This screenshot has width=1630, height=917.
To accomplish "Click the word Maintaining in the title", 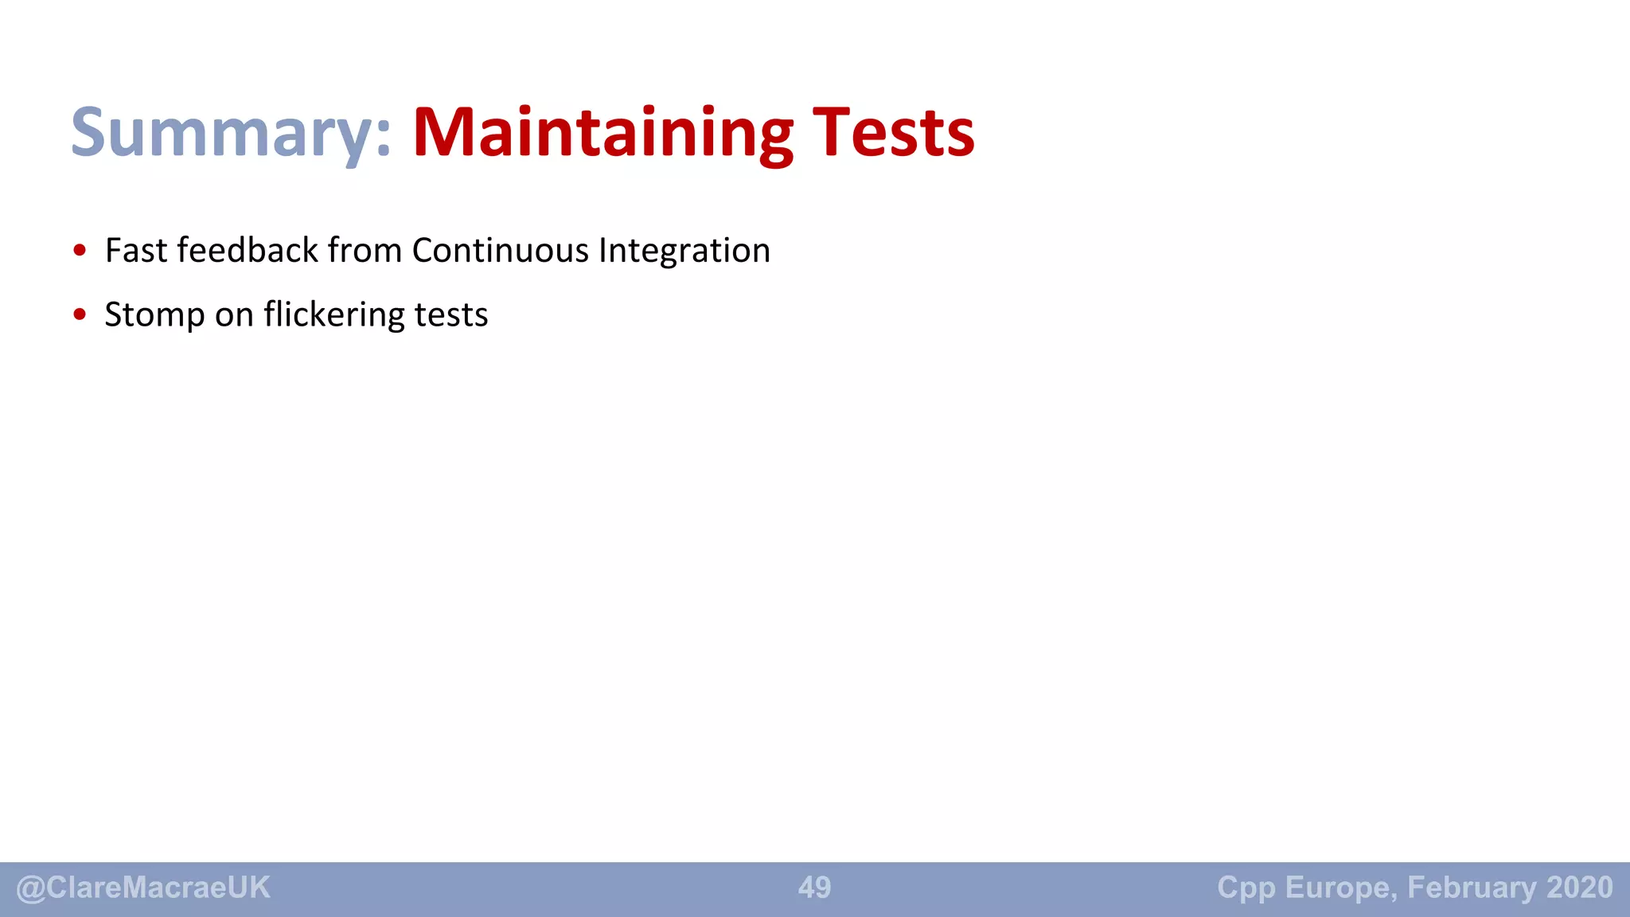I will coord(602,133).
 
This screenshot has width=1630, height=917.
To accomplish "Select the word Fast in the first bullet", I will coord(136,251).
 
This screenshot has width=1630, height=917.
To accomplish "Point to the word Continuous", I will coord(500,251).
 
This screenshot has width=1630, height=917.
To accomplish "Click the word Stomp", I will coord(154,315).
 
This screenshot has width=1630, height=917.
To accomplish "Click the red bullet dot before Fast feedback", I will coord(80,251).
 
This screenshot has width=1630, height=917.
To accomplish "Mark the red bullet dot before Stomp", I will coord(80,314).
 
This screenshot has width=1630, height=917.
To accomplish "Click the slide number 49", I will coord(814,888).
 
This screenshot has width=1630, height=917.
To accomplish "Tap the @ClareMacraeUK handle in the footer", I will coord(143,888).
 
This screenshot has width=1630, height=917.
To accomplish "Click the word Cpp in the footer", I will coord(1246,888).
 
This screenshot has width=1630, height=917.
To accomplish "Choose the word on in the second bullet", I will coord(234,315).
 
